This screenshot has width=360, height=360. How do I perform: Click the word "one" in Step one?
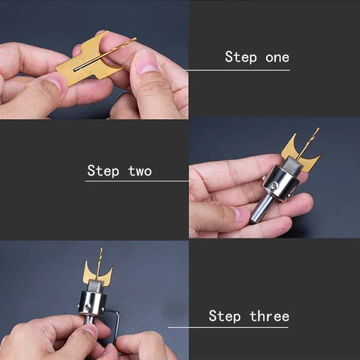tap(277, 58)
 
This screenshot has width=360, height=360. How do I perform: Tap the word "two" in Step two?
tap(140, 171)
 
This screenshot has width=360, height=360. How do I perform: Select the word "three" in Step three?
tap(270, 316)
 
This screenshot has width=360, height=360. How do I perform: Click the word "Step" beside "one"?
tap(241, 58)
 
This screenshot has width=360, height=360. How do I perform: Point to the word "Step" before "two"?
tap(103, 171)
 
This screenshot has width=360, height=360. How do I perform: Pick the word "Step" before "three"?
tap(225, 316)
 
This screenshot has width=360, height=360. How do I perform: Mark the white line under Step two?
tap(135, 181)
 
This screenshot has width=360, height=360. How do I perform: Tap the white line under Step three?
tap(234, 327)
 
